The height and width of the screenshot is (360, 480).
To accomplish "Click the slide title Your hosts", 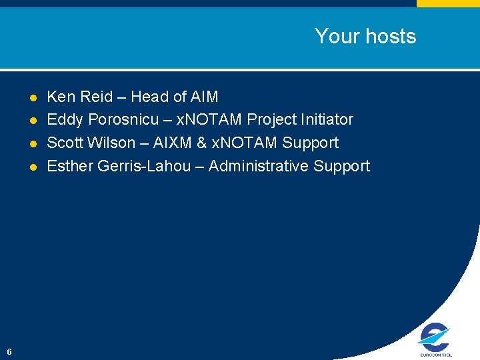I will [x=365, y=36].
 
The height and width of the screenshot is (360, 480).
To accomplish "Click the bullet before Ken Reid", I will [x=33, y=97].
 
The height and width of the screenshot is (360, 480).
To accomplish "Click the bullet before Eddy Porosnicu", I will [x=33, y=121].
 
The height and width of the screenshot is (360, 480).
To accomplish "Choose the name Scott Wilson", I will [x=91, y=143].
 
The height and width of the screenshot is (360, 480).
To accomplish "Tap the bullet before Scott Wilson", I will [x=33, y=143].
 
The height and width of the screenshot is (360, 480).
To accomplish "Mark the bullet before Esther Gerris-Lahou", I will [x=33, y=167].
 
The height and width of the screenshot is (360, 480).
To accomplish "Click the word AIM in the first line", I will [x=204, y=97].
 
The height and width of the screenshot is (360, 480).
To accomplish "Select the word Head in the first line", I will [x=149, y=97].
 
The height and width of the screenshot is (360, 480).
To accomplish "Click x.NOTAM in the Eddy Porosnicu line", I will [x=209, y=120].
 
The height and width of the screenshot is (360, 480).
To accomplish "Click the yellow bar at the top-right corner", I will [x=448, y=3].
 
